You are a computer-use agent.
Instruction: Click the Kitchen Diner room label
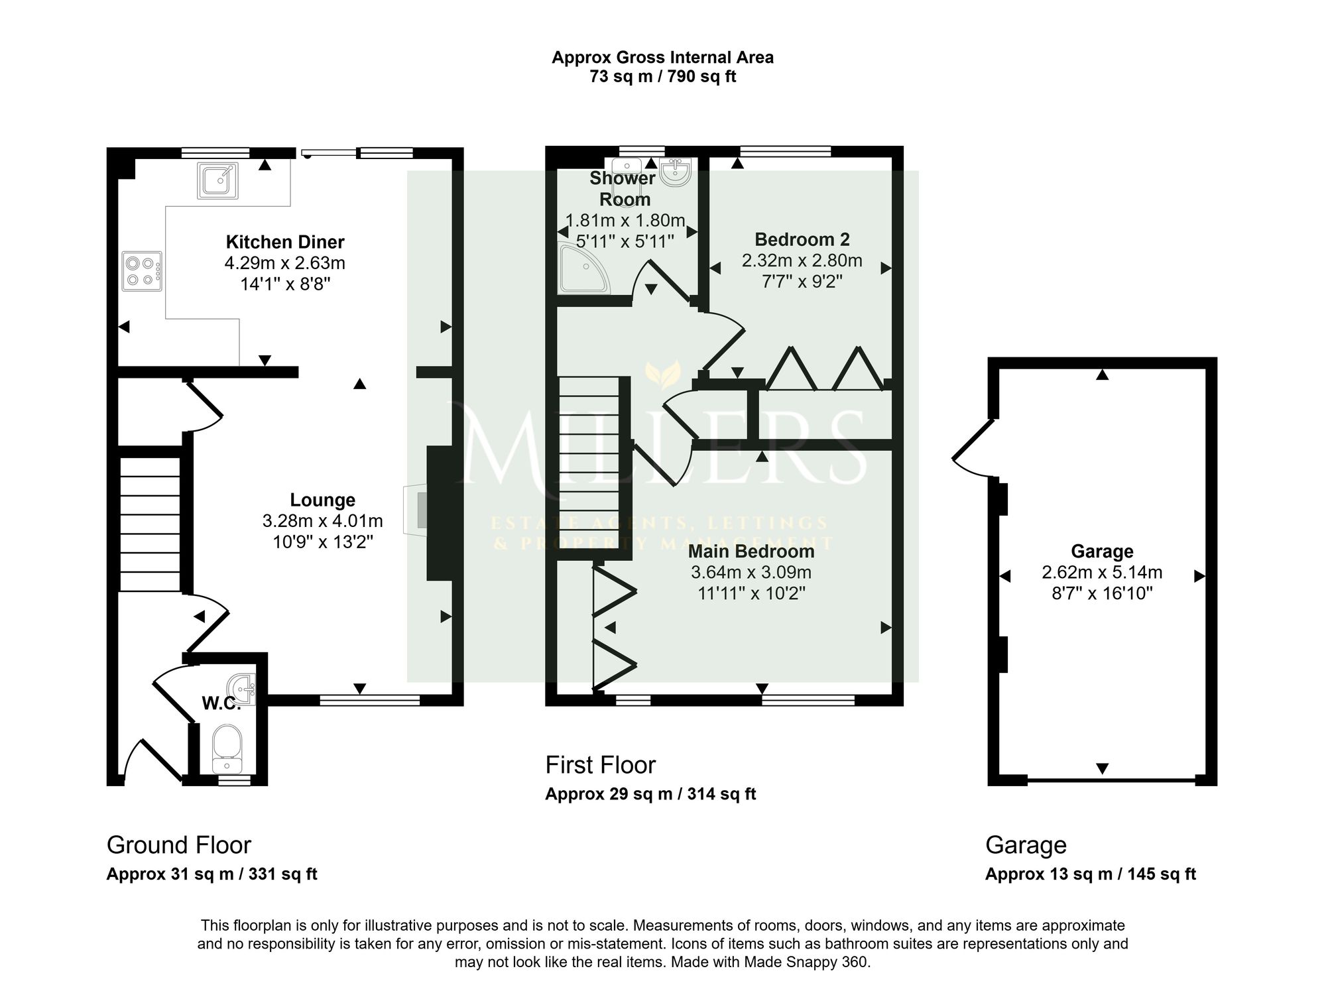coord(285,242)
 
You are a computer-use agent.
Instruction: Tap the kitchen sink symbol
coord(217,180)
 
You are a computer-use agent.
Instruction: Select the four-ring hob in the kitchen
coord(142,270)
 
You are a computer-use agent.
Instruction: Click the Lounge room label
coord(323,500)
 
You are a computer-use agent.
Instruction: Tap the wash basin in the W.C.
coord(243,689)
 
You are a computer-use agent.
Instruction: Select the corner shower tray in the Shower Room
coord(584,268)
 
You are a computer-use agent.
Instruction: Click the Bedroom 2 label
coord(802,239)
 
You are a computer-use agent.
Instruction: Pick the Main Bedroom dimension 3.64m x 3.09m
coord(751,572)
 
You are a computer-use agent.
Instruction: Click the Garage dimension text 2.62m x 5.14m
coord(1102,572)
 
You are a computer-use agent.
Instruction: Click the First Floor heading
coord(601,765)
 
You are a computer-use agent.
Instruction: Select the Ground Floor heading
coord(179,845)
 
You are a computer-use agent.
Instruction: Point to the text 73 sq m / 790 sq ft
coord(663,76)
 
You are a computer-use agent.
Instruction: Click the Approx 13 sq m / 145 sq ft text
coord(1091,874)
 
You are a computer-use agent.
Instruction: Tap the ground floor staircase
coord(150,524)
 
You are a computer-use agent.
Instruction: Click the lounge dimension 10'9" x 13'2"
coord(323,542)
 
